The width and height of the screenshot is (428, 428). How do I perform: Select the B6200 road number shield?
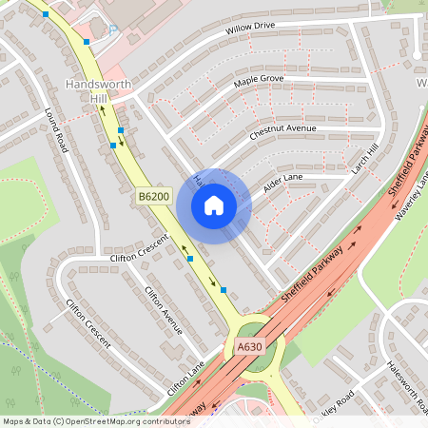tap(152, 196)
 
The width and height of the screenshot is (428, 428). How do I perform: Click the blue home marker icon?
tap(213, 205)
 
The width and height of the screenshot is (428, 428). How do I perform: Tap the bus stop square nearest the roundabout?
tap(224, 289)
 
